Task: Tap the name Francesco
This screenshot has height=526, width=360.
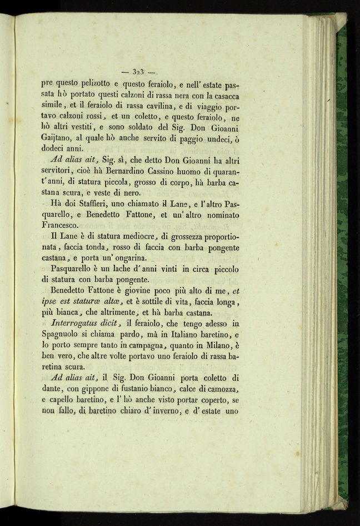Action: click(63, 226)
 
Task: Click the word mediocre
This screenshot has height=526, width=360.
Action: click(125, 236)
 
